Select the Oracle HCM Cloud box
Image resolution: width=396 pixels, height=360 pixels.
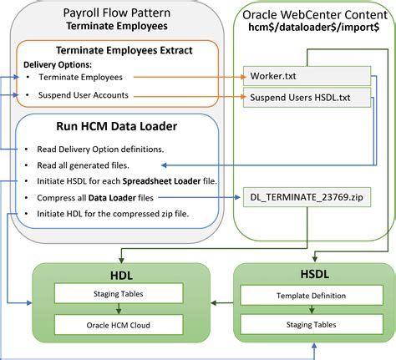[116, 323]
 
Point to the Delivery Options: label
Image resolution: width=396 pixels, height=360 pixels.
[58, 63]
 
